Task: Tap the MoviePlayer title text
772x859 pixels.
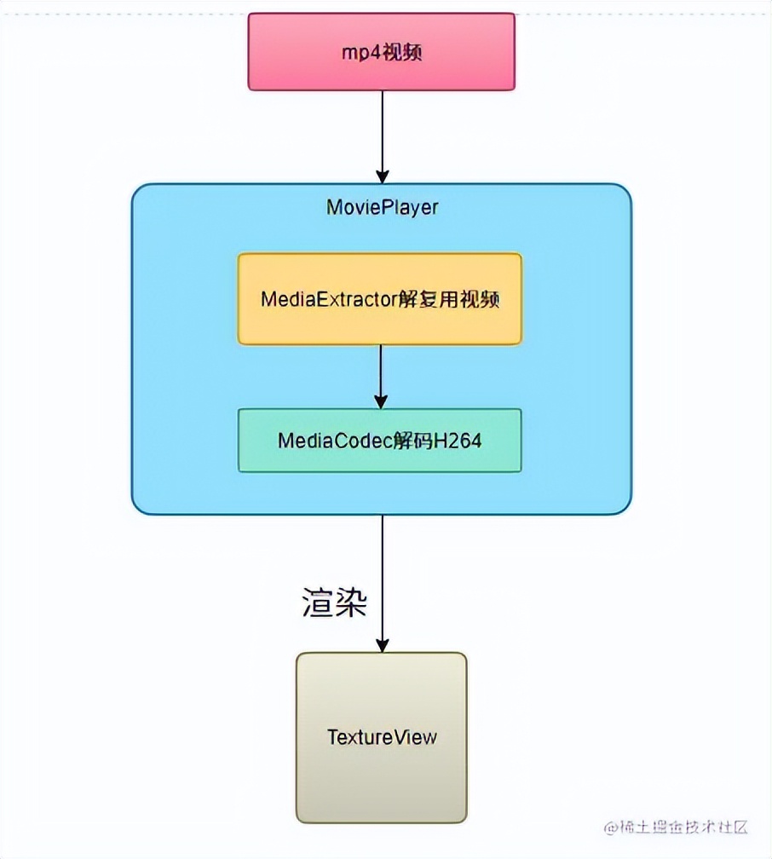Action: click(x=382, y=207)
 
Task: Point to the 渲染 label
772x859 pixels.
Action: click(x=334, y=602)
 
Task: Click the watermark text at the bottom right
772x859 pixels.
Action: click(x=676, y=827)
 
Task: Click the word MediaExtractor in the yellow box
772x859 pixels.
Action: click(x=329, y=299)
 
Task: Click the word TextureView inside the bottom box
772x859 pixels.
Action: click(x=381, y=736)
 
